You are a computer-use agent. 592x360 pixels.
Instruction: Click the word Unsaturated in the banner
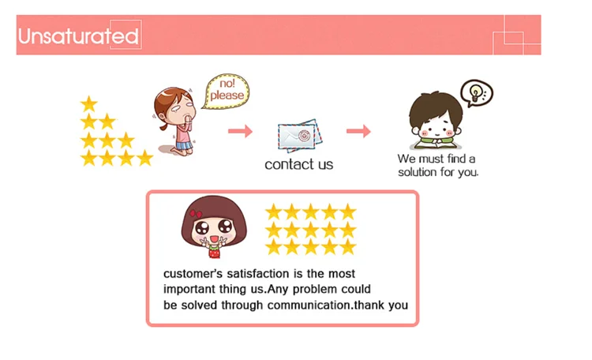pos(78,36)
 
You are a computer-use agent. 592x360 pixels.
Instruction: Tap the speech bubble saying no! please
pos(227,91)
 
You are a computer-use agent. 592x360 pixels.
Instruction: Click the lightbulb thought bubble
pos(477,93)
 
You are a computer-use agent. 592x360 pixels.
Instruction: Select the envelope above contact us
pos(300,136)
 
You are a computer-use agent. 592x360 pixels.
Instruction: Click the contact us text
pos(298,165)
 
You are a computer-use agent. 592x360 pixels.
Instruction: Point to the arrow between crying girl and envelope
pos(240,131)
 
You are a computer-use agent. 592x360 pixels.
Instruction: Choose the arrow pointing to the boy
pos(358,131)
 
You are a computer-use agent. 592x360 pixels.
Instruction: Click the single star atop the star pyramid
pos(89,103)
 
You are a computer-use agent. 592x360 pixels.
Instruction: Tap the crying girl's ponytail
pos(163,126)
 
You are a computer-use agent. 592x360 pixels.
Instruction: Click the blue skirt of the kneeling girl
pos(184,145)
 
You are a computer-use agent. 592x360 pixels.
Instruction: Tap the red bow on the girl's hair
pos(196,214)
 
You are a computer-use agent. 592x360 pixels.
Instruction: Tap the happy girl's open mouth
pos(214,239)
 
